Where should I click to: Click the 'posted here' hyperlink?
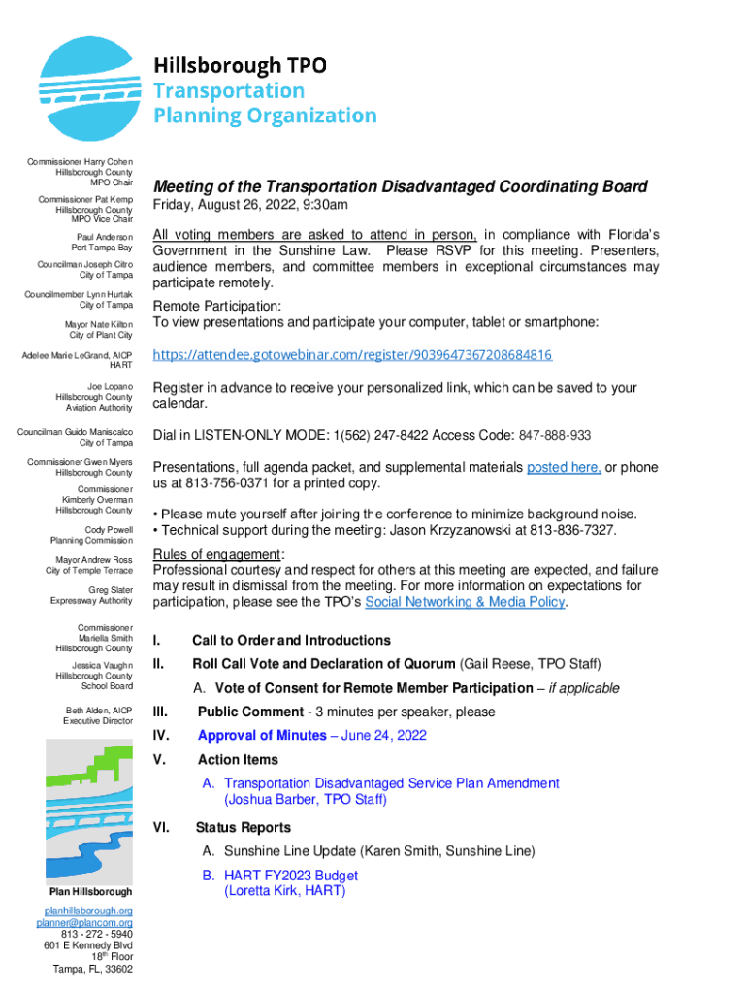click(563, 467)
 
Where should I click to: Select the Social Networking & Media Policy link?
click(464, 602)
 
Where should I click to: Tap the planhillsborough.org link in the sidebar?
click(89, 911)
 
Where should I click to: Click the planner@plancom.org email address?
click(89, 922)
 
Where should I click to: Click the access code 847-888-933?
click(554, 435)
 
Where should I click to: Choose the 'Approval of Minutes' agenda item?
click(262, 736)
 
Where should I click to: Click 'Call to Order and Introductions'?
click(291, 641)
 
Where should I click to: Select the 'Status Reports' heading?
click(243, 828)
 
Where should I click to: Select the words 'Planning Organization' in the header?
click(265, 116)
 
